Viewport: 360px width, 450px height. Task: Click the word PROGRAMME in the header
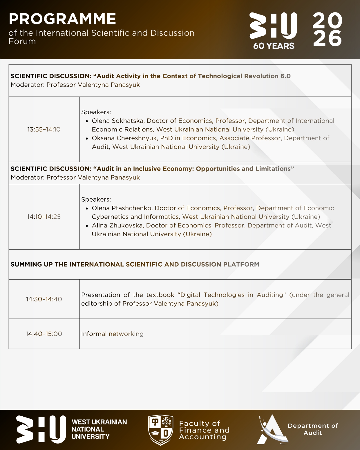62,19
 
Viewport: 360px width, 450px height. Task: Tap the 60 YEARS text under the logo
274,46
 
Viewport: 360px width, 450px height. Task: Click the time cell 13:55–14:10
44,129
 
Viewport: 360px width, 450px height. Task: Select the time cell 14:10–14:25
44,217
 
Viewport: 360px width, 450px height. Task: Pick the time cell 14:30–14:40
44,299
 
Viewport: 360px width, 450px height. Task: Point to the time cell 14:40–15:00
44,334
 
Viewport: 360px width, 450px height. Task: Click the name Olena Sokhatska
118,121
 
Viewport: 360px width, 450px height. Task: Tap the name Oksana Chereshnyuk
124,138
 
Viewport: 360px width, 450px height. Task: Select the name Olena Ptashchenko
122,208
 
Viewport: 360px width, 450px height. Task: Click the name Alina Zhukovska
117,225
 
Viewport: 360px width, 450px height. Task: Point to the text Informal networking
112,334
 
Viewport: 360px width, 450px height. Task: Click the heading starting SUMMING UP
135,264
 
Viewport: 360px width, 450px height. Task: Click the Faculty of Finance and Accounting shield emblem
160,430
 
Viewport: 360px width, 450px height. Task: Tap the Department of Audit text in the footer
313,429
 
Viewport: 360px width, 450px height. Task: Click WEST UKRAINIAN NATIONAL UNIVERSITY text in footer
99,429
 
